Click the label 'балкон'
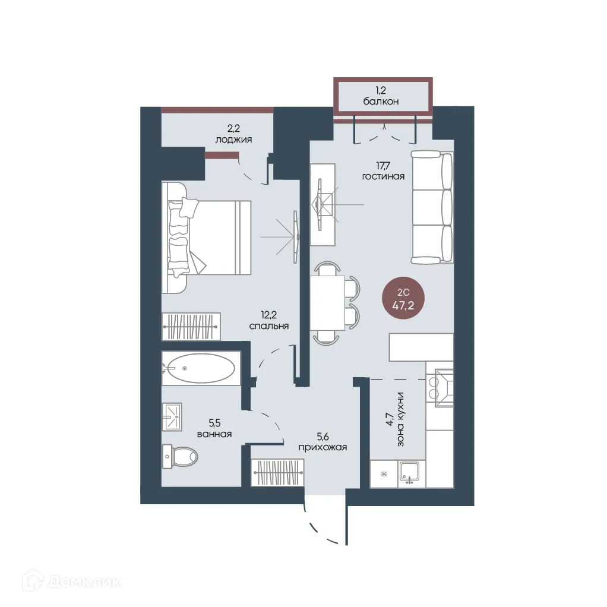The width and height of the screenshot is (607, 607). pos(381,102)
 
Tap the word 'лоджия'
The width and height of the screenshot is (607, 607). pos(233,140)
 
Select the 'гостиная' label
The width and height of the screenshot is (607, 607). pos(383,176)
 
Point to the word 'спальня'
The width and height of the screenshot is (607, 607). pos(269,326)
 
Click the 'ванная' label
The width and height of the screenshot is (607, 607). pos(214,434)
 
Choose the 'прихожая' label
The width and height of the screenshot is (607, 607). pos(323,447)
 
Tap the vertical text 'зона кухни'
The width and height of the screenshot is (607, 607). pos(400,419)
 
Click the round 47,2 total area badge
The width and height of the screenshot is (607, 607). pos(403,299)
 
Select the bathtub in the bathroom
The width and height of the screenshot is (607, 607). pos(201,368)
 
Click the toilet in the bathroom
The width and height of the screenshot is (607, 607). pos(180,457)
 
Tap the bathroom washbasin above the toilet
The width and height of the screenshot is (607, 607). pos(172,417)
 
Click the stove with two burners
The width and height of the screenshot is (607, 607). pos(440,388)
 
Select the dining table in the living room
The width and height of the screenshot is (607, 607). pos(327,303)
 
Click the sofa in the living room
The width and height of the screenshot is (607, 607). pos(432,207)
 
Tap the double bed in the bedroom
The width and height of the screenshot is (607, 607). pos(206,238)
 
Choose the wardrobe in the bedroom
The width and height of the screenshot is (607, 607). pos(191,327)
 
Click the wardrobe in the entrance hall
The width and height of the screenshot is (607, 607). pos(277,472)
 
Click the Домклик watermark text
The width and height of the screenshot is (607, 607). pos(84,582)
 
